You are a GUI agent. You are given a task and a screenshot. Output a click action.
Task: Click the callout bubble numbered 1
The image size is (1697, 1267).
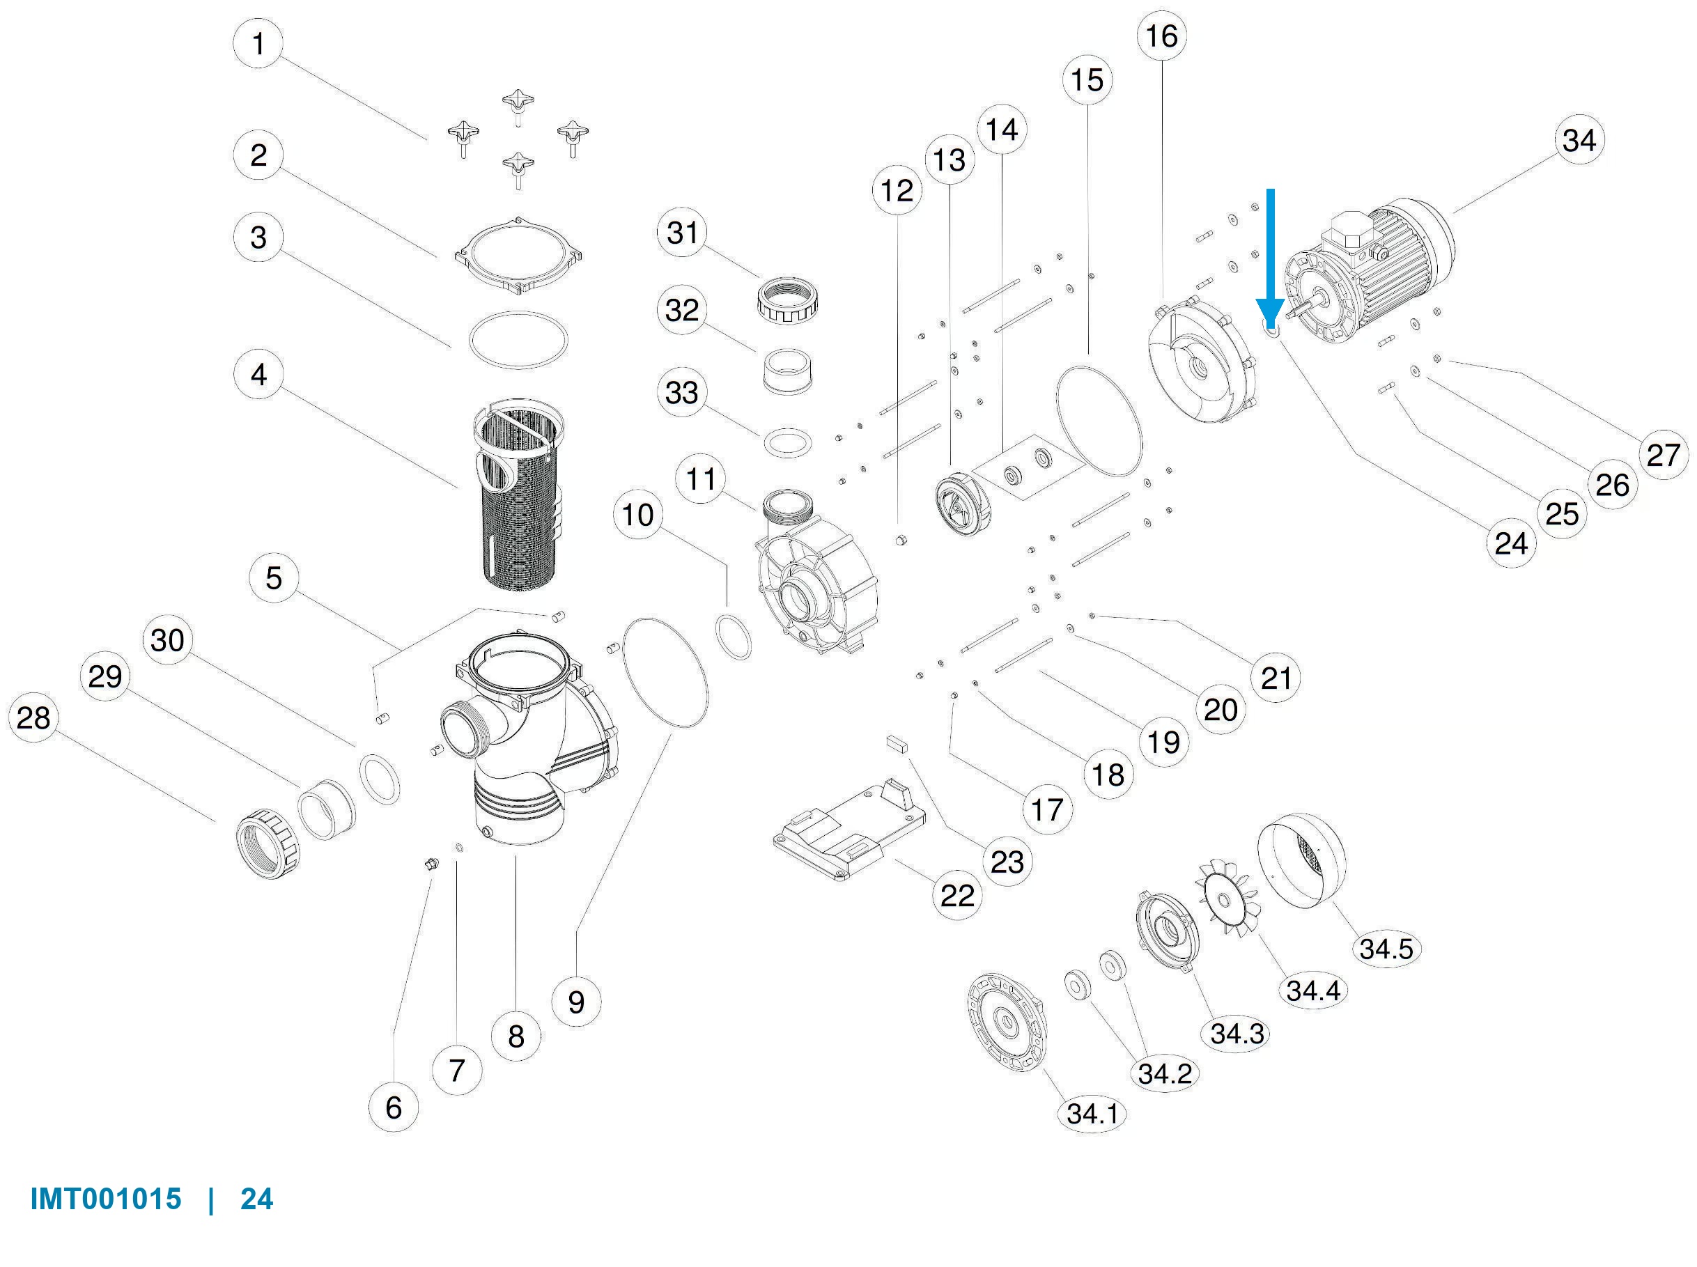pyautogui.click(x=258, y=43)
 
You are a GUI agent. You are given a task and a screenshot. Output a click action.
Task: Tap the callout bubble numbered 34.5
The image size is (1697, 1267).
pyautogui.click(x=1386, y=949)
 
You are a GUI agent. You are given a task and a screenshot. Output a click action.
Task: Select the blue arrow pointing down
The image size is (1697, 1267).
pyautogui.click(x=1271, y=258)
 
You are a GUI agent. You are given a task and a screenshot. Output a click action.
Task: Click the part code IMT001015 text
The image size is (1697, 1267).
pyautogui.click(x=106, y=1199)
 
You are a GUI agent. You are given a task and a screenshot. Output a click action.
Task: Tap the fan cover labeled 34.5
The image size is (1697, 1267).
pyautogui.click(x=1301, y=860)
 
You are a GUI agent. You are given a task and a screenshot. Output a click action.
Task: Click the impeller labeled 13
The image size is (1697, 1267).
pyautogui.click(x=963, y=502)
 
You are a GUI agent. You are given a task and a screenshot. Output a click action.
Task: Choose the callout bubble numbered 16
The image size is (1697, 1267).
pyautogui.click(x=1161, y=36)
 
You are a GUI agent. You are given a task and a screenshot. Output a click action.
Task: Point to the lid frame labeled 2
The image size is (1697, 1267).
pyautogui.click(x=519, y=256)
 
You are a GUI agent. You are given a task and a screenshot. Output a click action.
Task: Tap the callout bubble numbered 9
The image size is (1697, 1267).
pyautogui.click(x=576, y=1002)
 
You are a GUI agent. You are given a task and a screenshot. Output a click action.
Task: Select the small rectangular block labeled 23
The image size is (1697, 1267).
pyautogui.click(x=896, y=743)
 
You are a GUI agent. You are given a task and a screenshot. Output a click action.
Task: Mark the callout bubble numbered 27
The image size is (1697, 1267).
pyautogui.click(x=1664, y=455)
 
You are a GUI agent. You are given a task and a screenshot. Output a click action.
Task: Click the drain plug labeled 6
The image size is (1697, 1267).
pyautogui.click(x=431, y=865)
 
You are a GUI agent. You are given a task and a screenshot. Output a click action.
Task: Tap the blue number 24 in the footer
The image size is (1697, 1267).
pyautogui.click(x=257, y=1199)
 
